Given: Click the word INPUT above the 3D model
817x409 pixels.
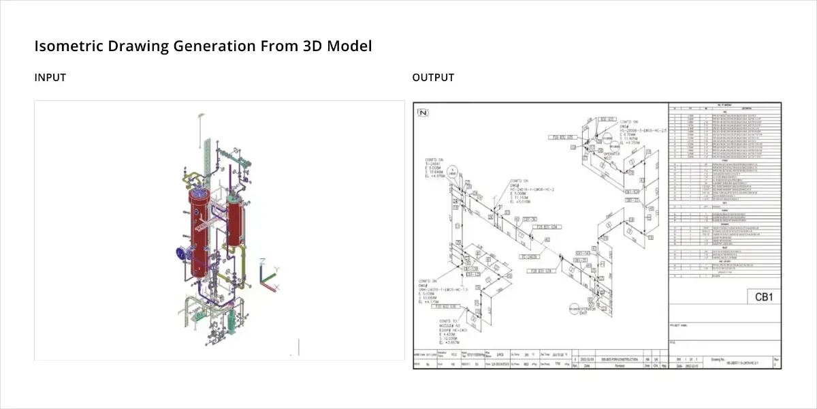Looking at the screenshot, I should pos(50,78).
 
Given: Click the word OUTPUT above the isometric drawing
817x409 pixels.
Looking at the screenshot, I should pos(433,78).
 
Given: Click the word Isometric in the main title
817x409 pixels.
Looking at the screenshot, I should pos(65,46).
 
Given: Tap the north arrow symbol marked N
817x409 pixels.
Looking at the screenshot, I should pos(423,112).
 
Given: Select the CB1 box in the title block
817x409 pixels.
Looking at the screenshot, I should pos(761,297).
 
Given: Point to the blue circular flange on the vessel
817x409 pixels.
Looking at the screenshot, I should pos(180,253).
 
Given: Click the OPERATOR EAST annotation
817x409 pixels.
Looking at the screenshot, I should pos(587,310).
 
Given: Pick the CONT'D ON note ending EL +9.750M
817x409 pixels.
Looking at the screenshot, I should pos(622,134).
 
